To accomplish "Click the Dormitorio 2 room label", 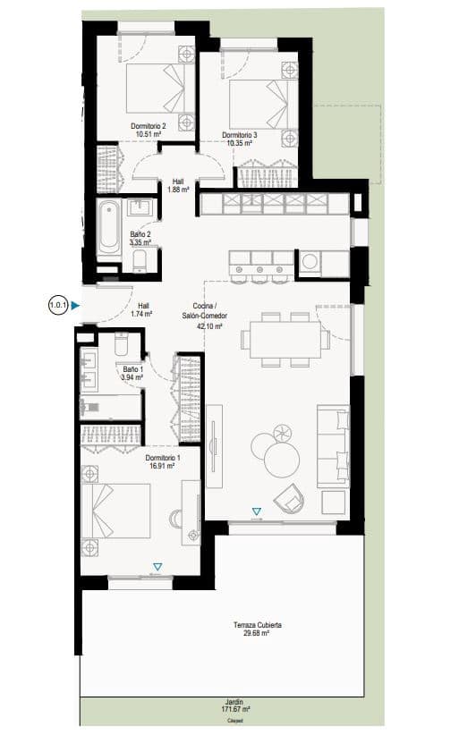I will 149,127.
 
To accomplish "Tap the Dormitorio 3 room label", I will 240,136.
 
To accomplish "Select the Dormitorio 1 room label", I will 163,459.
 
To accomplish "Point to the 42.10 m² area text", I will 209,326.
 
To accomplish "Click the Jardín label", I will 234,702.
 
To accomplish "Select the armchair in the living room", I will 292,499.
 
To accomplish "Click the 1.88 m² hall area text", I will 178,189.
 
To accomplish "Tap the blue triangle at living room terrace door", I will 257,512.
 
